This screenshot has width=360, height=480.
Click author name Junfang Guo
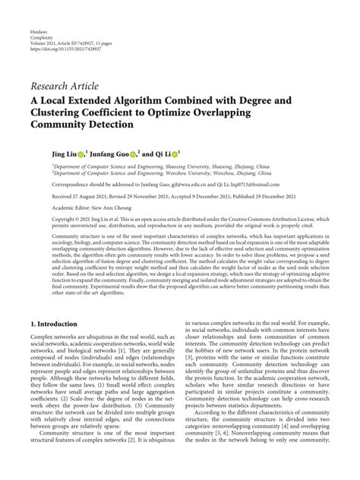point(96,153)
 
